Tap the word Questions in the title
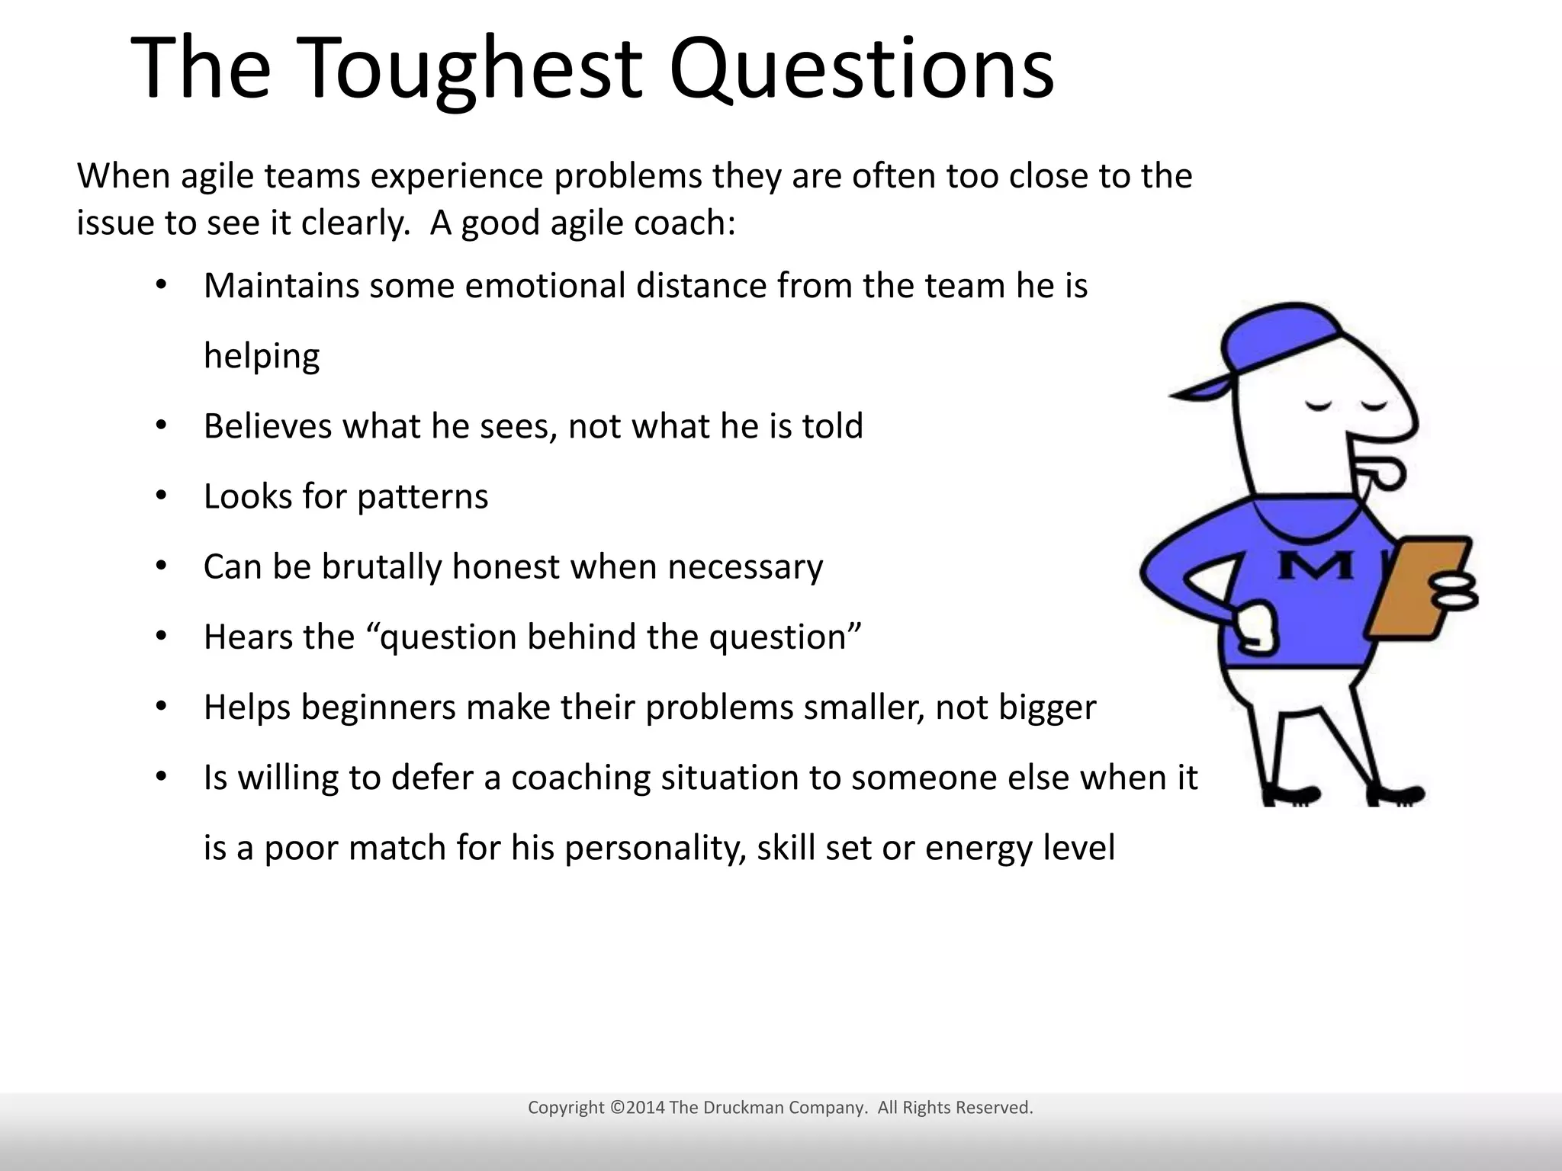click(x=862, y=69)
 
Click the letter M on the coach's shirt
click(x=1315, y=566)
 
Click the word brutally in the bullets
click(x=381, y=567)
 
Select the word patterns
click(x=422, y=497)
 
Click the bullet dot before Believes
click(x=160, y=425)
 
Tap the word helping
click(x=262, y=356)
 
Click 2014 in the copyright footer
click(x=645, y=1108)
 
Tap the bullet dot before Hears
click(x=160, y=637)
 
